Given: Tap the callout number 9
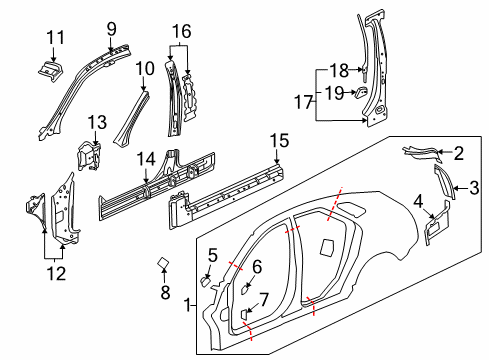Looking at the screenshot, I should coord(112,27).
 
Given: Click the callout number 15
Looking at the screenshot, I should coord(278,139).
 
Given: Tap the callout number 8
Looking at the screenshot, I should coord(165,293).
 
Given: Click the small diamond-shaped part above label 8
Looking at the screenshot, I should coord(164,264).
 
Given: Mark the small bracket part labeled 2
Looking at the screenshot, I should coord(421,152).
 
